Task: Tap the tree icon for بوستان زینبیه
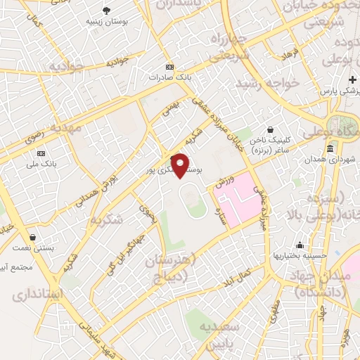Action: pyautogui.click(x=107, y=10)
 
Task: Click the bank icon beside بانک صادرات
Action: pyautogui.click(x=167, y=66)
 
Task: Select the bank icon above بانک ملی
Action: pyautogui.click(x=41, y=153)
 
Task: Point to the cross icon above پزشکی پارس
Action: pyautogui.click(x=353, y=79)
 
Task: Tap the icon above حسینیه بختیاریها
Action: pyautogui.click(x=300, y=245)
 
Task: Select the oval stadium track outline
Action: pyautogui.click(x=194, y=200)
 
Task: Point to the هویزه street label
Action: pyautogui.click(x=345, y=338)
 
